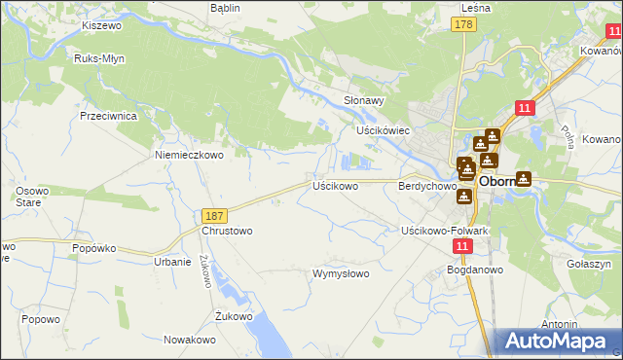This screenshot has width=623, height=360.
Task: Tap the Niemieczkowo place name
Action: (190, 154)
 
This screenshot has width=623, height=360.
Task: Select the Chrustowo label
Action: (227, 232)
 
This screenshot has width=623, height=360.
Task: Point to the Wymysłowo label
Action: (340, 273)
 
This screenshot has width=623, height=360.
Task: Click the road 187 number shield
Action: (216, 214)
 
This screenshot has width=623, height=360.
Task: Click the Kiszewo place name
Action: (100, 23)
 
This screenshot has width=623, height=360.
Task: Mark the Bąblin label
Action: (226, 8)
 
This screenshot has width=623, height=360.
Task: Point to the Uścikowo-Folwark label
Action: (444, 231)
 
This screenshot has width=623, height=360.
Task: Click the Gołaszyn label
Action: (587, 264)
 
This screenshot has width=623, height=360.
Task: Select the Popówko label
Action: (94, 248)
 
